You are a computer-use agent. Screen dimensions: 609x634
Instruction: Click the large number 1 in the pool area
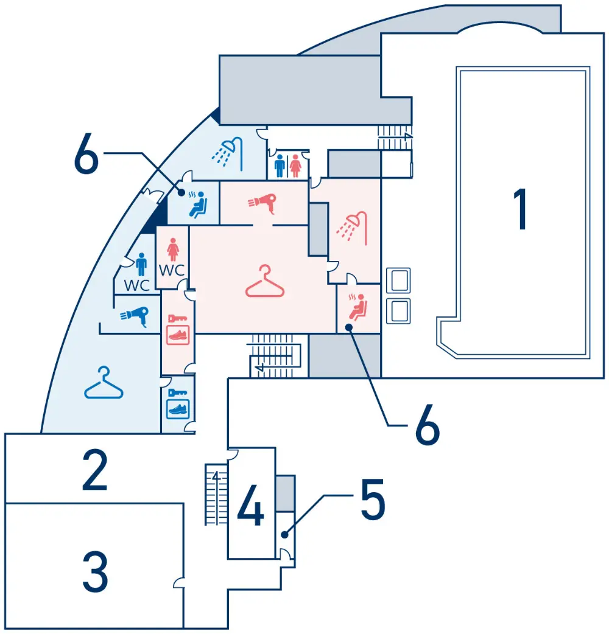point(520,209)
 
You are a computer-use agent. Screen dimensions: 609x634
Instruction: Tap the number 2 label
point(95,470)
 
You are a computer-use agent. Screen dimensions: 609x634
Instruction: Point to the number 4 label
point(250,505)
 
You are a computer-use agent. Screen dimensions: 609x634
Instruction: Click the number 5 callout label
point(373,499)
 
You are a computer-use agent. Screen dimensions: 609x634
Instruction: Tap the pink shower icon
point(352,228)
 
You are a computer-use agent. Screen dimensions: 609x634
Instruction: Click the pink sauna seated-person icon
point(357,307)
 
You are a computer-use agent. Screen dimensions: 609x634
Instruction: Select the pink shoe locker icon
point(178,330)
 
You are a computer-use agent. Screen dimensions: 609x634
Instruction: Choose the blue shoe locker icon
point(178,404)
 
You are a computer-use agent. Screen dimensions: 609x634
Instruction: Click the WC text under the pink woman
point(172,270)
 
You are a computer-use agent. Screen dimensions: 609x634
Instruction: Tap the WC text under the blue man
point(137,285)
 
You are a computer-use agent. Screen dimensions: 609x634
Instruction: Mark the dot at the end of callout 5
point(285,535)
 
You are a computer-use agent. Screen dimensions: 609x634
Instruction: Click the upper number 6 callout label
point(86,153)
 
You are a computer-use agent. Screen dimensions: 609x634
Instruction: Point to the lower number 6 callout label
point(428,424)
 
